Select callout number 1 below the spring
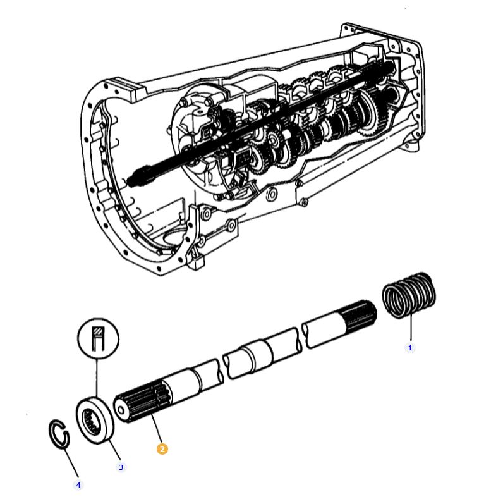coord(409,347)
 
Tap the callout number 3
coord(121,467)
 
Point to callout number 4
coord(78,485)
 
